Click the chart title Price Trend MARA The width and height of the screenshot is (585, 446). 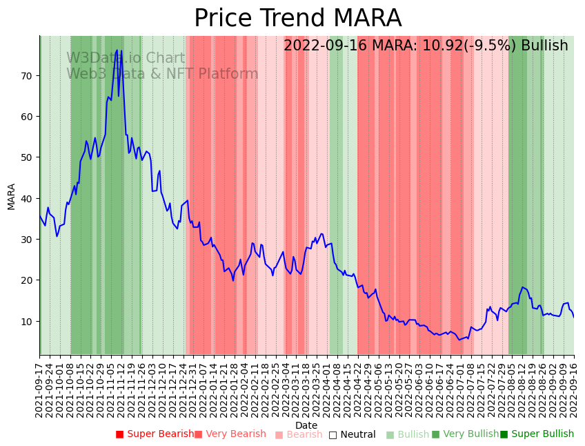click(x=297, y=19)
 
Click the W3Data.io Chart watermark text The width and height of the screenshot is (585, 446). click(x=126, y=59)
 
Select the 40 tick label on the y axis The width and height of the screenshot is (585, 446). click(x=28, y=199)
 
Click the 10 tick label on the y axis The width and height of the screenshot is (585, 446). click(x=28, y=322)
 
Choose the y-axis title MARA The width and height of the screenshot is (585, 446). click(x=12, y=196)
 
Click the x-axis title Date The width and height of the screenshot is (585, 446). click(x=306, y=425)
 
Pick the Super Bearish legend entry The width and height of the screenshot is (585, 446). click(x=155, y=434)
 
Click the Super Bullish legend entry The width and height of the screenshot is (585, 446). click(x=537, y=434)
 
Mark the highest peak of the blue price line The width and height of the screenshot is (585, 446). click(x=117, y=50)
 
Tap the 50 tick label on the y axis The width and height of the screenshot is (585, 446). click(x=28, y=157)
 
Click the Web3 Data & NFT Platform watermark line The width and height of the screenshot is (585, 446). click(x=162, y=75)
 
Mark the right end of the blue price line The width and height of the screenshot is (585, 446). click(x=574, y=317)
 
